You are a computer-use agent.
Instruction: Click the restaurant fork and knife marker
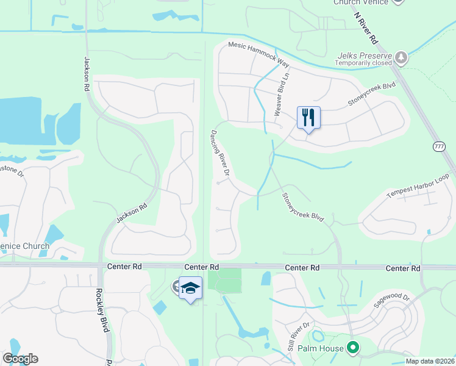308,118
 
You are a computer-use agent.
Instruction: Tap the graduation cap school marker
190,288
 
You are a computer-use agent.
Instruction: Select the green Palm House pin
352,348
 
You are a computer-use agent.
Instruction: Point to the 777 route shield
439,147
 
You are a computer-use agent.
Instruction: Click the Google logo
20,359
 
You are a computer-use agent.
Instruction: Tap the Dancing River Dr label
219,154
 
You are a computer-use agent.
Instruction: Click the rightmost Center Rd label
403,268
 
